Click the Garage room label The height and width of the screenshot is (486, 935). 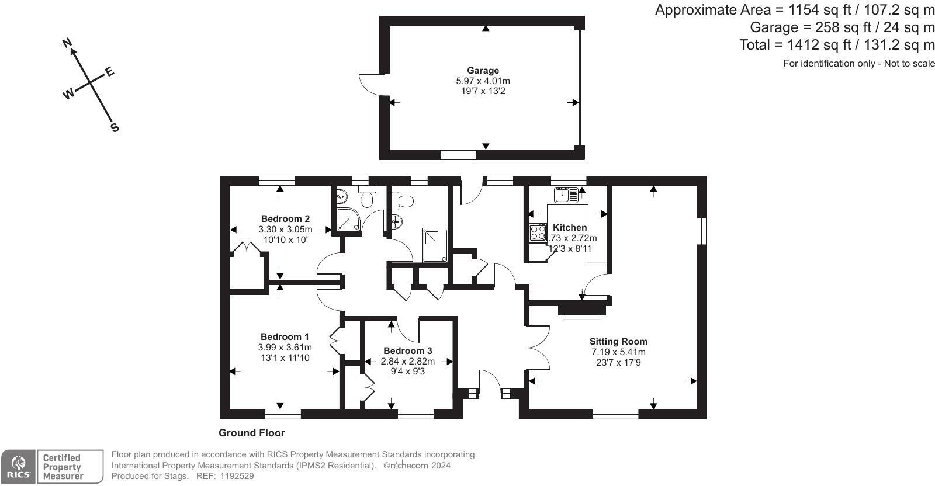pos(483,71)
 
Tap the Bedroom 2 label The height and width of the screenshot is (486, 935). pos(286,218)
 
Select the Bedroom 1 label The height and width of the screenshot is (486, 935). pos(285,336)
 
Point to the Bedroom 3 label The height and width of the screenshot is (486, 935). pos(408,351)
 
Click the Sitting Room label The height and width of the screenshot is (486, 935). pos(618,342)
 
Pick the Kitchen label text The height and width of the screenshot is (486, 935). pos(570,227)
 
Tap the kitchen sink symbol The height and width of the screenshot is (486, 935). pos(566,195)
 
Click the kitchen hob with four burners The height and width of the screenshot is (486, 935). pos(538,232)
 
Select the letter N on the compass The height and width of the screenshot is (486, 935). pos(67,43)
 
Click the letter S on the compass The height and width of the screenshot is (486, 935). pos(115,127)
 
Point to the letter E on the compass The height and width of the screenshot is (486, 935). pos(109,72)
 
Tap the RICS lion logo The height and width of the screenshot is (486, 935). pos(18,463)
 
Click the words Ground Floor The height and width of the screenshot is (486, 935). pos(252,433)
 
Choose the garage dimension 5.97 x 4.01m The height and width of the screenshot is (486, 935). pos(483,81)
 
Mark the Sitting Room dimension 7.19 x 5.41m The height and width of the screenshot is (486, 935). pos(618,352)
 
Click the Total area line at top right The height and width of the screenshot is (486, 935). pos(837,44)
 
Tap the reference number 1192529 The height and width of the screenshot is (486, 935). pos(237,476)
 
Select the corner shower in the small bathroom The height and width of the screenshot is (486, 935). pos(348,219)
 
